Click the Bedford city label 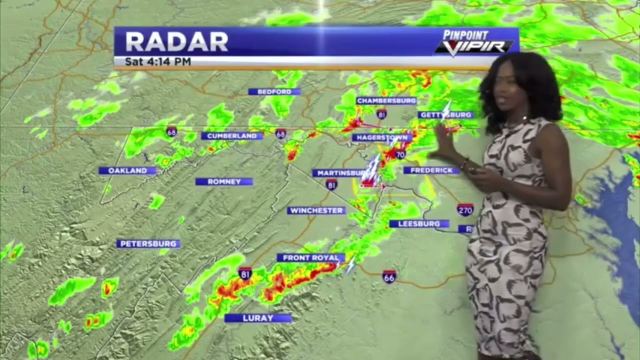tap(274, 91)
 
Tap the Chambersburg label tap(386, 100)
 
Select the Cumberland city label tap(231, 135)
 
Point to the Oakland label tap(127, 170)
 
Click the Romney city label tap(224, 181)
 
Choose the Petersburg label tap(148, 243)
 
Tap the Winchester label tap(316, 210)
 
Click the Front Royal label tap(310, 257)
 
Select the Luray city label tap(257, 318)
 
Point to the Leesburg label tap(419, 223)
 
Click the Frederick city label tap(431, 170)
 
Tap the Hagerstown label tap(381, 137)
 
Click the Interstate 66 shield tap(389, 276)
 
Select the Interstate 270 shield tap(465, 209)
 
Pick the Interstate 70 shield tap(399, 154)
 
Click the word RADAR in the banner tap(176, 42)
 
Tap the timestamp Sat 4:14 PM tap(158, 62)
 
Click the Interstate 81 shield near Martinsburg tap(331, 184)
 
